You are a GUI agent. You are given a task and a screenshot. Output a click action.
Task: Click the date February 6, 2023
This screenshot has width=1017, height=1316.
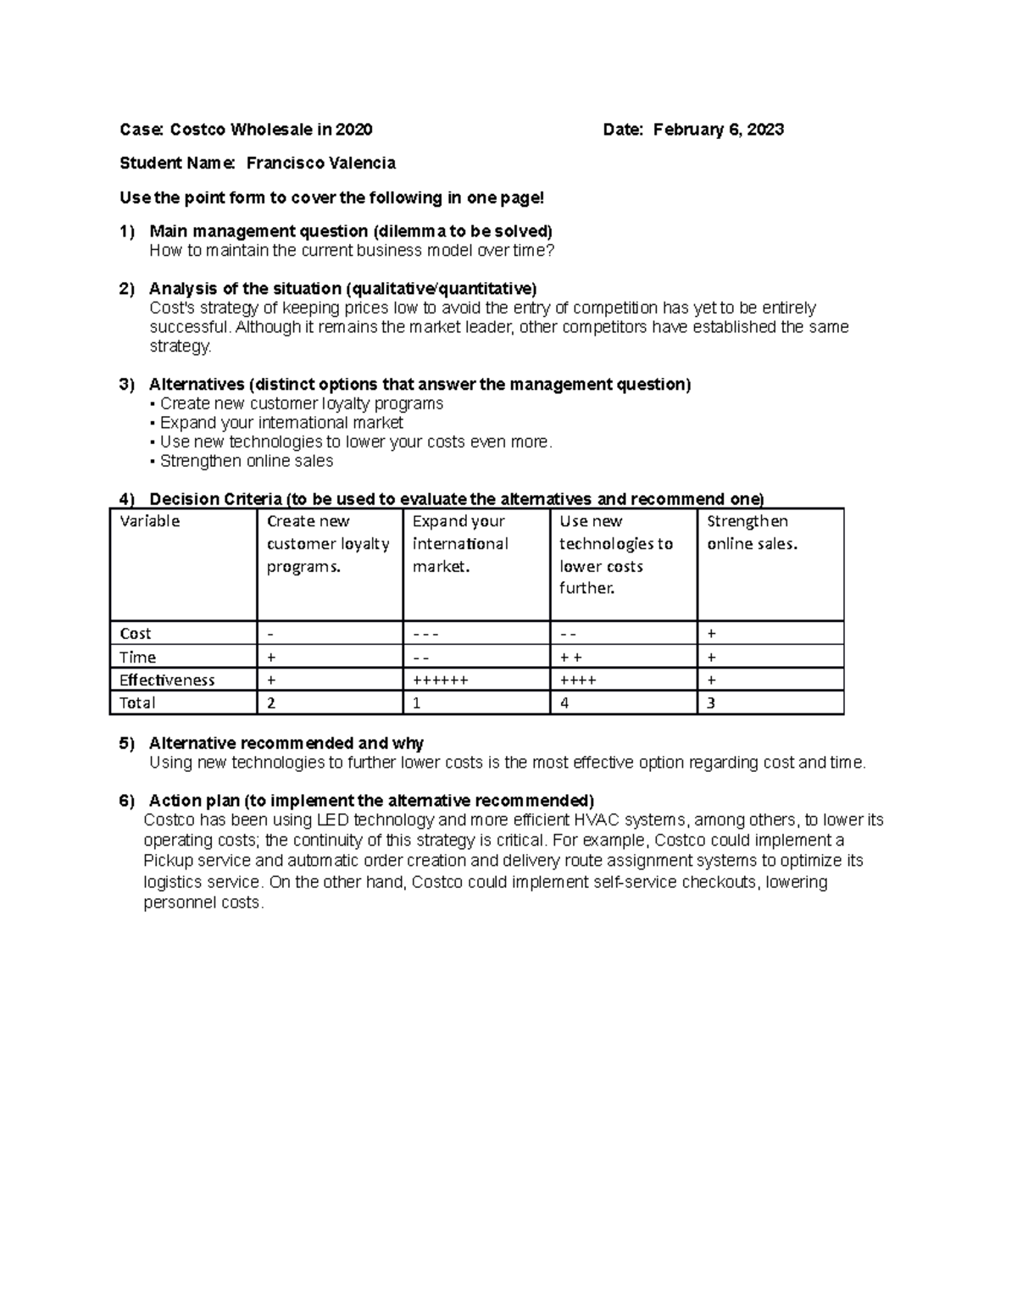(718, 130)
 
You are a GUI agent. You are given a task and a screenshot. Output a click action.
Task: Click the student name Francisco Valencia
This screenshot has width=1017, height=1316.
(320, 163)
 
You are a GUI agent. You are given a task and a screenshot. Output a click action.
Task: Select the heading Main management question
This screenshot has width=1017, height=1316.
(350, 231)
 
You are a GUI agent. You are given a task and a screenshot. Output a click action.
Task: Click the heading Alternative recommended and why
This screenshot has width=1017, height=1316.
(286, 743)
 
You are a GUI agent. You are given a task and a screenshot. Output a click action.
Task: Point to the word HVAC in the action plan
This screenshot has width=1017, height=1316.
(597, 819)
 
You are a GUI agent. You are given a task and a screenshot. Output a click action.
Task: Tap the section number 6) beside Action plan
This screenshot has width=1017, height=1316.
(127, 801)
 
